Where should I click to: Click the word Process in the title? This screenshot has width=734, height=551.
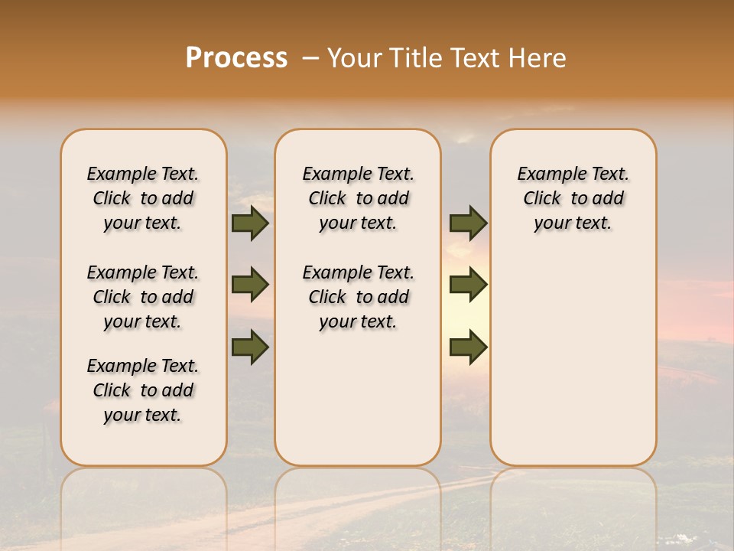coord(236,58)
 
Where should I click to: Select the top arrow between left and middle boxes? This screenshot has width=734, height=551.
coord(250,223)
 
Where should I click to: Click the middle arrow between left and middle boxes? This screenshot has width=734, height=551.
coord(250,285)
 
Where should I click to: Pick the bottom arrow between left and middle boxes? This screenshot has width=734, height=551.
coord(250,347)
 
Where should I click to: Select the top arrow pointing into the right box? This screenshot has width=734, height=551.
coord(468,223)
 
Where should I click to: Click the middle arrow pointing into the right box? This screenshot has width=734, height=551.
coord(468,285)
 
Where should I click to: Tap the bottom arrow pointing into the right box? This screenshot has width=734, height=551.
coord(468,347)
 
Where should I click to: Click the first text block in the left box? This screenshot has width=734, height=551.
coord(143,198)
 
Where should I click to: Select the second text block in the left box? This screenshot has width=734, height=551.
coord(143,297)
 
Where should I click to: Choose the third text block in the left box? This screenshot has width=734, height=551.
coord(143,390)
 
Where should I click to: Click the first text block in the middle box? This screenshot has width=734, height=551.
coord(358,198)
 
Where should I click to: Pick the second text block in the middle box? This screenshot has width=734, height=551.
coord(358,297)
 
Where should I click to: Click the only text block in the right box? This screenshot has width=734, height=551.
coord(573,198)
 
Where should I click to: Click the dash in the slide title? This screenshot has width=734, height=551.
coord(310,58)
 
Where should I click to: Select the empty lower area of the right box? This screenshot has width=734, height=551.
coord(573,360)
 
